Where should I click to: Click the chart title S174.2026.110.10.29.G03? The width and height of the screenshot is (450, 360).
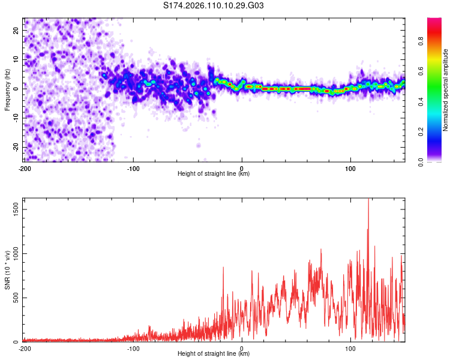pyautogui.click(x=214, y=6)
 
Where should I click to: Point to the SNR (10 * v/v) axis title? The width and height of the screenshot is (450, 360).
pyautogui.click(x=7, y=270)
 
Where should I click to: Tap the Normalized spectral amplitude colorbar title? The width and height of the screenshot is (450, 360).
pyautogui.click(x=446, y=89)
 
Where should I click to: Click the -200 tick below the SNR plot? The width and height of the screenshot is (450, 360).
pyautogui.click(x=24, y=348)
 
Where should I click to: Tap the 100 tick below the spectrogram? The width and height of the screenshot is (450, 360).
pyautogui.click(x=351, y=168)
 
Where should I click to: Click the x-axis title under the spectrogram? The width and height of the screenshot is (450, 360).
pyautogui.click(x=214, y=174)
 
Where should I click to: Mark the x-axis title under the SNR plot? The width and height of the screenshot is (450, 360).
pyautogui.click(x=214, y=354)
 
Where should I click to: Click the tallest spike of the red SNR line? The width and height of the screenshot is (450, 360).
pyautogui.click(x=368, y=200)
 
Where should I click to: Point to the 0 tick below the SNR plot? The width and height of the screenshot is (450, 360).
pyautogui.click(x=242, y=348)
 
